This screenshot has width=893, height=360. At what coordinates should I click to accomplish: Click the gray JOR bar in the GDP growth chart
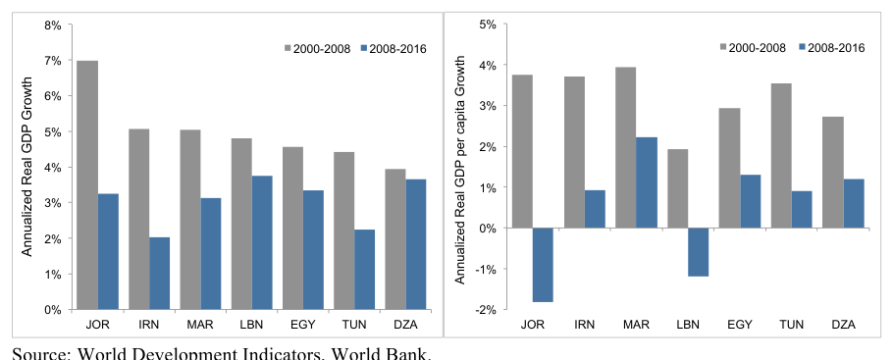87,185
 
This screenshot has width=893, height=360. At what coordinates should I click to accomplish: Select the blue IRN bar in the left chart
159,274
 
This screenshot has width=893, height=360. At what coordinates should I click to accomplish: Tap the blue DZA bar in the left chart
416,244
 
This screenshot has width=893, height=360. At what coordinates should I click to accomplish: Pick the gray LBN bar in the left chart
241,224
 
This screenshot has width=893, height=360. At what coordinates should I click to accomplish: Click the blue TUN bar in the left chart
364,270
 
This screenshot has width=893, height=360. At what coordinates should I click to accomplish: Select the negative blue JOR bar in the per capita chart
543,265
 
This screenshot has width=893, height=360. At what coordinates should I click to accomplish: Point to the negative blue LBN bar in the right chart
699,252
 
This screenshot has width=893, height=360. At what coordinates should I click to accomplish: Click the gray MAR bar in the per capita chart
626,147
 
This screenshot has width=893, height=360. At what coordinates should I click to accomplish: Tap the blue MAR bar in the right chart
647,182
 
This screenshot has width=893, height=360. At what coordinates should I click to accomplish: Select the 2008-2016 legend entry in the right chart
831,47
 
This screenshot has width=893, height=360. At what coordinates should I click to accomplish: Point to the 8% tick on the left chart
53,25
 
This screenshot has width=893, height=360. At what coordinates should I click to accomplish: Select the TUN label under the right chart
791,326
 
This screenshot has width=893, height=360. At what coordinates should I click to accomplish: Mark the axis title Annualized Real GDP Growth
27,167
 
